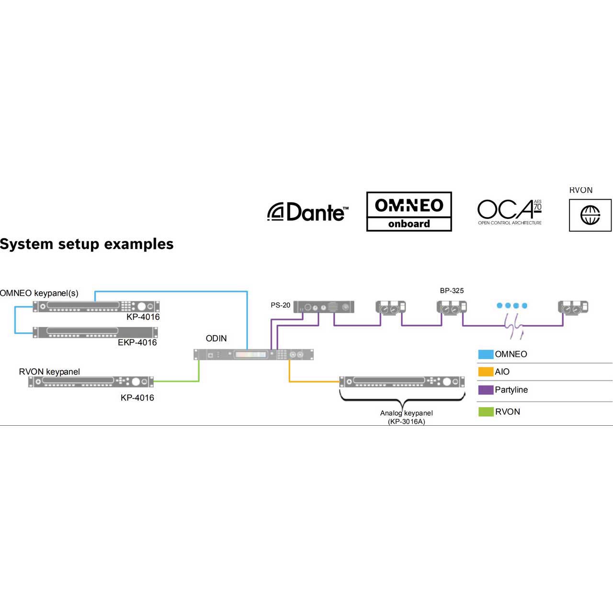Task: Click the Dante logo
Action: click(307, 212)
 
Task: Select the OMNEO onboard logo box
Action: click(409, 212)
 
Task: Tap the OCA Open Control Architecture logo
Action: click(509, 212)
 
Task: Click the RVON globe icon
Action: click(590, 215)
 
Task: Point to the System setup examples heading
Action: click(87, 244)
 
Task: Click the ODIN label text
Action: click(216, 338)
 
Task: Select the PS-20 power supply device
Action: click(324, 307)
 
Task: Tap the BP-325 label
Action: click(452, 290)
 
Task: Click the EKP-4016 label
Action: click(137, 342)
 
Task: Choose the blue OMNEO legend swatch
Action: click(486, 354)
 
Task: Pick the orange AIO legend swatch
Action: click(486, 372)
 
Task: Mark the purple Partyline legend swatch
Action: click(486, 390)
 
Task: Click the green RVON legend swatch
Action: click(486, 412)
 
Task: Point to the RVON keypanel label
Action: click(49, 372)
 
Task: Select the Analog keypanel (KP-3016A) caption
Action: click(406, 417)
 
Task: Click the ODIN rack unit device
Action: click(253, 354)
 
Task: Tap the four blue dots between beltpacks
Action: click(512, 306)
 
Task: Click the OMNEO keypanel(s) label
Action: click(39, 293)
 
